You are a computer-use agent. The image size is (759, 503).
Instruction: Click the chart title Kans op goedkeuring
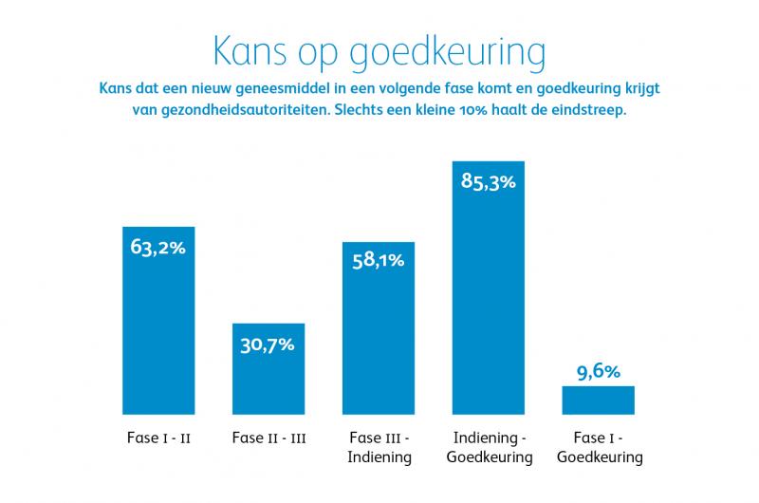click(x=379, y=52)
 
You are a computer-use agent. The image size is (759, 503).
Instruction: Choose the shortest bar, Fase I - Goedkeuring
click(x=598, y=400)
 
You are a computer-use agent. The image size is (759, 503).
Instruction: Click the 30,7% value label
click(x=268, y=345)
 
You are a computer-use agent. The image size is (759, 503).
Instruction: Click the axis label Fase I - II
click(x=158, y=438)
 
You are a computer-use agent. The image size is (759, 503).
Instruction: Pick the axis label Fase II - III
click(x=268, y=438)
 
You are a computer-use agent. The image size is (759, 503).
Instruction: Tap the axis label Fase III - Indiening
click(x=379, y=447)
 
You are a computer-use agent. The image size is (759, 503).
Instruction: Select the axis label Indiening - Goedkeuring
click(x=489, y=447)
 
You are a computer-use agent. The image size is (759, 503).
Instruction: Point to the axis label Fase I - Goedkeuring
click(x=598, y=447)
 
